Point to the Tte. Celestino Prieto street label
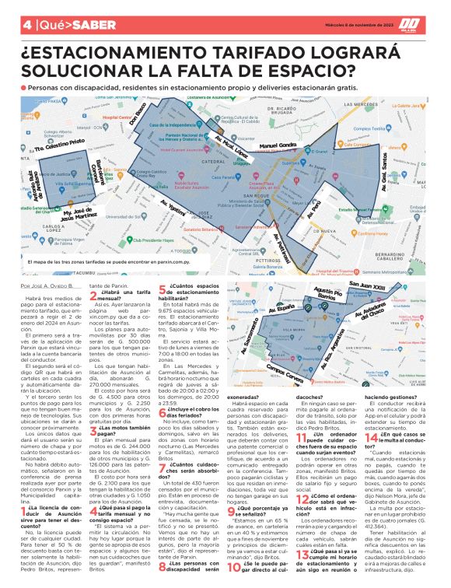(x=58, y=145)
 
